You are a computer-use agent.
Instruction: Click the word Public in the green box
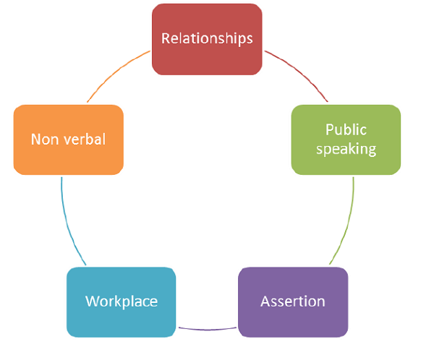[346, 130]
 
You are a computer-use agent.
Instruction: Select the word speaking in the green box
[346, 149]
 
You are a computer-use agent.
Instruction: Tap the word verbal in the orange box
[82, 139]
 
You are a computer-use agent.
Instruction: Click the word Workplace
[121, 301]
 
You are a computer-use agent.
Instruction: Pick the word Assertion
[293, 301]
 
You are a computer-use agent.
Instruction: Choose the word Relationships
[206, 38]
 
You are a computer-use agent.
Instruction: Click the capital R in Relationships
[166, 38]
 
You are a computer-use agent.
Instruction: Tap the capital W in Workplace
[92, 301]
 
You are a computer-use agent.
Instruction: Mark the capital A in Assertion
[265, 301]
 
